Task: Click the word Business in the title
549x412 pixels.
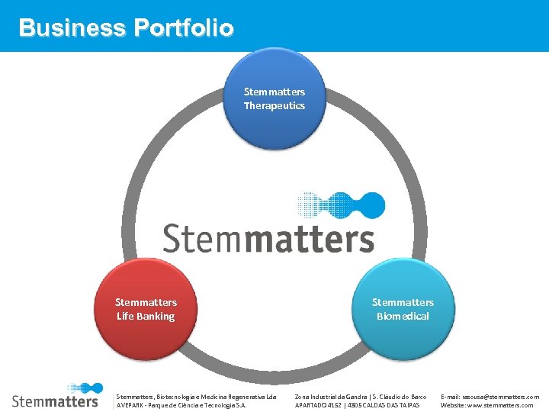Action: pyautogui.click(x=72, y=28)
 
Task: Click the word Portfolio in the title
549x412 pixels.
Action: pyautogui.click(x=183, y=28)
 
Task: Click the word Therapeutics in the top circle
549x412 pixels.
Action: pyautogui.click(x=274, y=105)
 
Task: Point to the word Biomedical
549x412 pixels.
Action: pyautogui.click(x=403, y=316)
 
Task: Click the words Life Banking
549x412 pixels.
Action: pyautogui.click(x=146, y=316)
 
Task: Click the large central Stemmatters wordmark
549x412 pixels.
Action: pyautogui.click(x=268, y=238)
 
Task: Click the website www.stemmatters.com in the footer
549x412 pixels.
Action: pyautogui.click(x=503, y=405)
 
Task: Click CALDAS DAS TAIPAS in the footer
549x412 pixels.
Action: pyautogui.click(x=387, y=405)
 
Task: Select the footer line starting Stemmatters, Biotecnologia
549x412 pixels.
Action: pyautogui.click(x=196, y=397)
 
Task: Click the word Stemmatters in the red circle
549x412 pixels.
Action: pyautogui.click(x=146, y=302)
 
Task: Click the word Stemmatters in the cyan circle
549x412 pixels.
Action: pyautogui.click(x=403, y=302)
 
